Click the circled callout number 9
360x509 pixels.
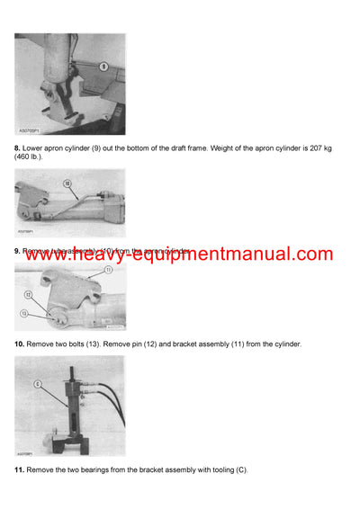103,66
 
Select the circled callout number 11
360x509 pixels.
108,270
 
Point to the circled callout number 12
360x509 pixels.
28,295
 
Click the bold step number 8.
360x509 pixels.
17,147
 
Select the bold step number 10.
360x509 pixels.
19,344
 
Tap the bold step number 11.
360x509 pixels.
19,470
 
